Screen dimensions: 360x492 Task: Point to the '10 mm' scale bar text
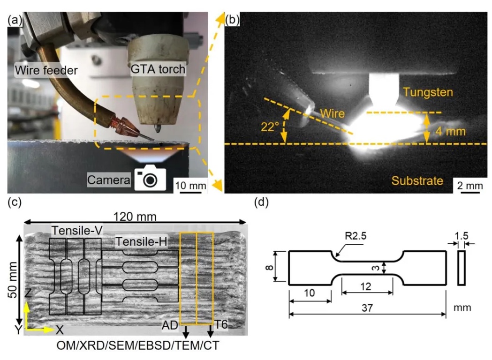(190, 186)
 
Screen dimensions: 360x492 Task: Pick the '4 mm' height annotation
(450, 131)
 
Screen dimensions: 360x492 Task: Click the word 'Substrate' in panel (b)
(417, 180)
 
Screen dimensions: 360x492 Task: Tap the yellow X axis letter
(60, 330)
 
